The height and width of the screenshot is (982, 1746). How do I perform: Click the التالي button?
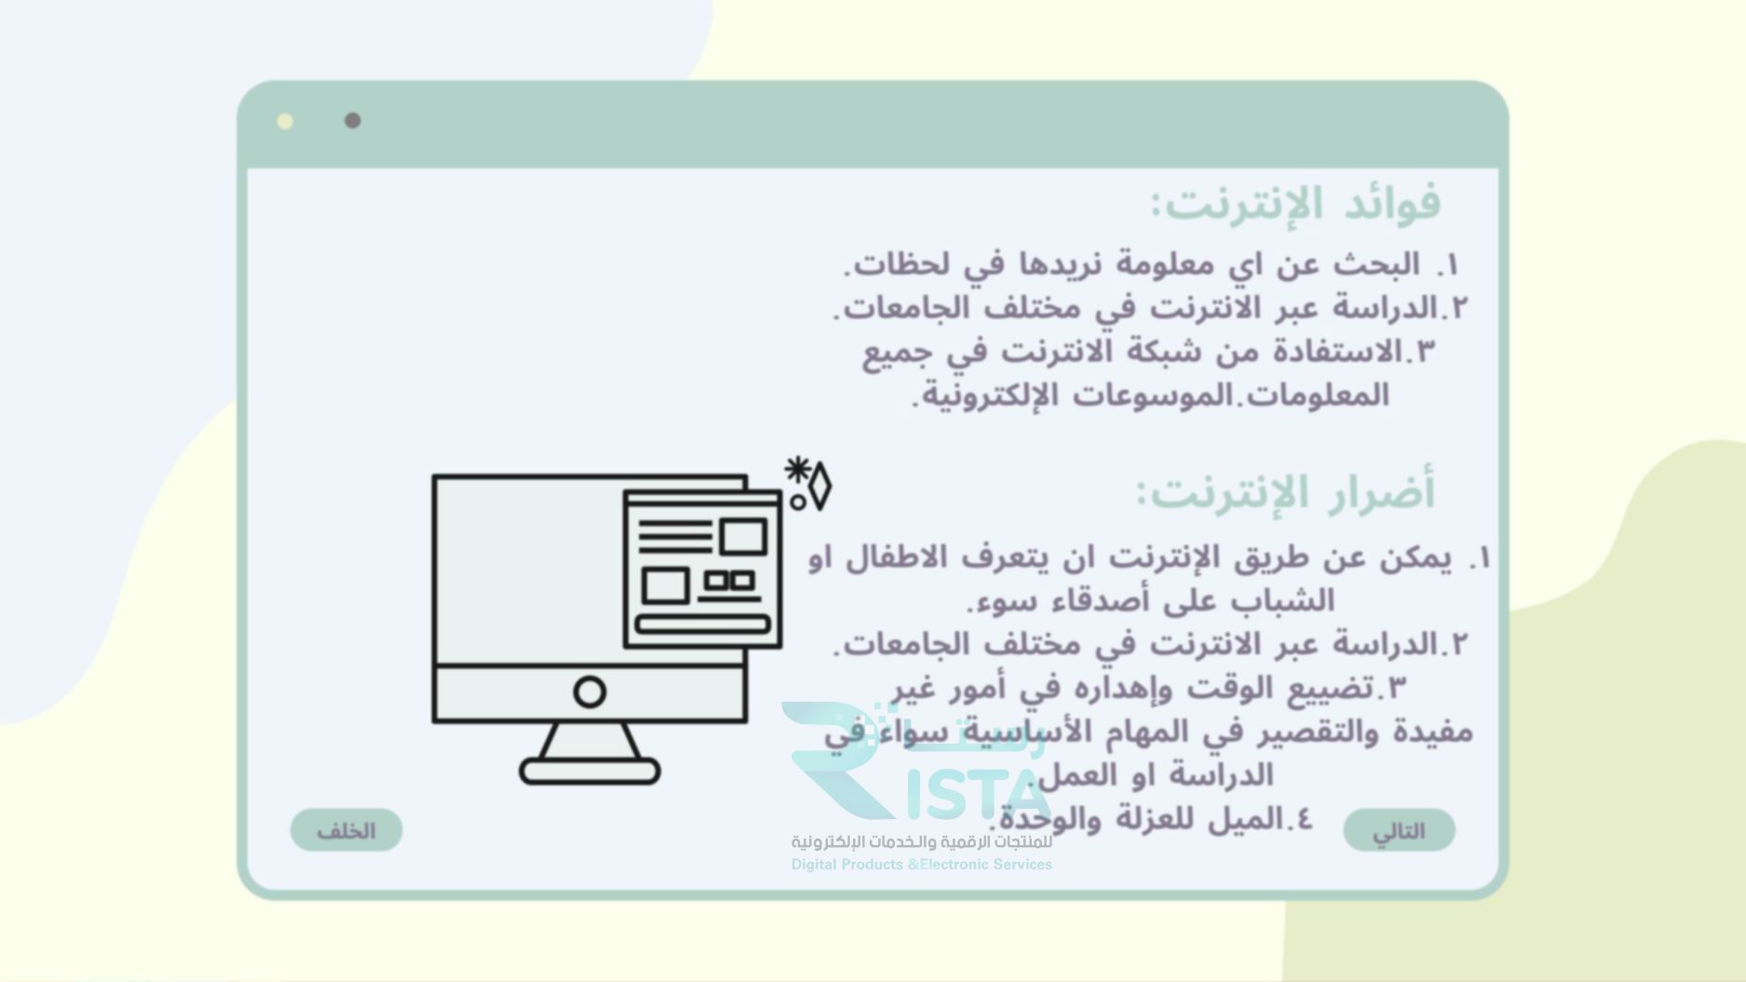tap(1399, 830)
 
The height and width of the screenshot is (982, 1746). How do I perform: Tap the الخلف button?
tap(346, 830)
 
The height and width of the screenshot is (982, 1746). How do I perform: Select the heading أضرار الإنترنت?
tap(1286, 492)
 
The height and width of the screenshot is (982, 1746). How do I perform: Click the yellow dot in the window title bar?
tap(285, 121)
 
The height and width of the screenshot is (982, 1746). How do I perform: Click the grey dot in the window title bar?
tap(352, 121)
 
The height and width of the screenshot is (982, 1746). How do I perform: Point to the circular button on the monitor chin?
tap(589, 692)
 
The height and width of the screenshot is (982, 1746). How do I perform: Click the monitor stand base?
tap(589, 772)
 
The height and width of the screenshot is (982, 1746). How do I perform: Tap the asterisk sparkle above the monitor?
tap(797, 470)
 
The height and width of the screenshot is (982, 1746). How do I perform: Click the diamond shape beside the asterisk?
tap(819, 485)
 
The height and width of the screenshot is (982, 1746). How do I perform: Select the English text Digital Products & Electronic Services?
tap(921, 865)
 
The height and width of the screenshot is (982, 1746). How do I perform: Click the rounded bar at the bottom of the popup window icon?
tap(703, 624)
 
